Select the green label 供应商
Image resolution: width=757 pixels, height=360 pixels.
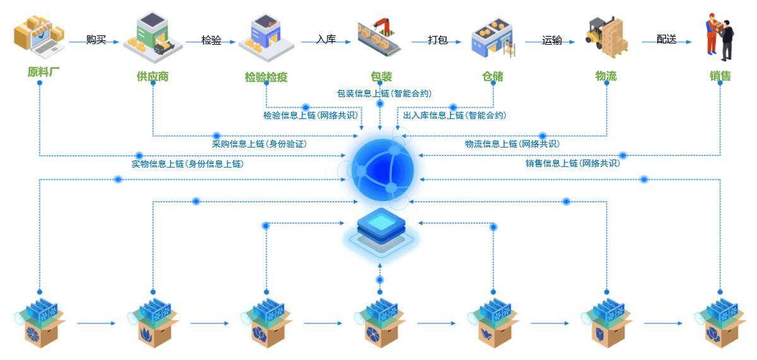click(x=153, y=76)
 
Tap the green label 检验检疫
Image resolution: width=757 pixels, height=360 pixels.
click(x=266, y=77)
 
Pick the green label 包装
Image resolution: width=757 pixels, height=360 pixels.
click(x=381, y=76)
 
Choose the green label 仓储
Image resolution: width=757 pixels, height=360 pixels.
click(x=493, y=76)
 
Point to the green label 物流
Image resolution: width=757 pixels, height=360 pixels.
click(x=606, y=76)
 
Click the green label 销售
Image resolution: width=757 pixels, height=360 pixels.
click(x=720, y=76)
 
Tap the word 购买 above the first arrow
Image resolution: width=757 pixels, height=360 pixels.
click(x=96, y=40)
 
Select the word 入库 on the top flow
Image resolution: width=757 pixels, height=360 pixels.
click(x=326, y=39)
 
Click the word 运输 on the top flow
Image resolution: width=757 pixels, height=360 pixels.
click(x=552, y=40)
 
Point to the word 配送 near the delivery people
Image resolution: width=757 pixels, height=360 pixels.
click(x=666, y=39)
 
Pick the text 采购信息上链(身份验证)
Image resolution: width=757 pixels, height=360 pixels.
click(x=259, y=144)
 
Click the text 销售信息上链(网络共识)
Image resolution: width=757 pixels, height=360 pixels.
click(x=573, y=163)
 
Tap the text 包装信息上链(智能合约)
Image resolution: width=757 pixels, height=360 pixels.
click(x=384, y=93)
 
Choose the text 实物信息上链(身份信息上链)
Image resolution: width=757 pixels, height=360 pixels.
click(x=187, y=164)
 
